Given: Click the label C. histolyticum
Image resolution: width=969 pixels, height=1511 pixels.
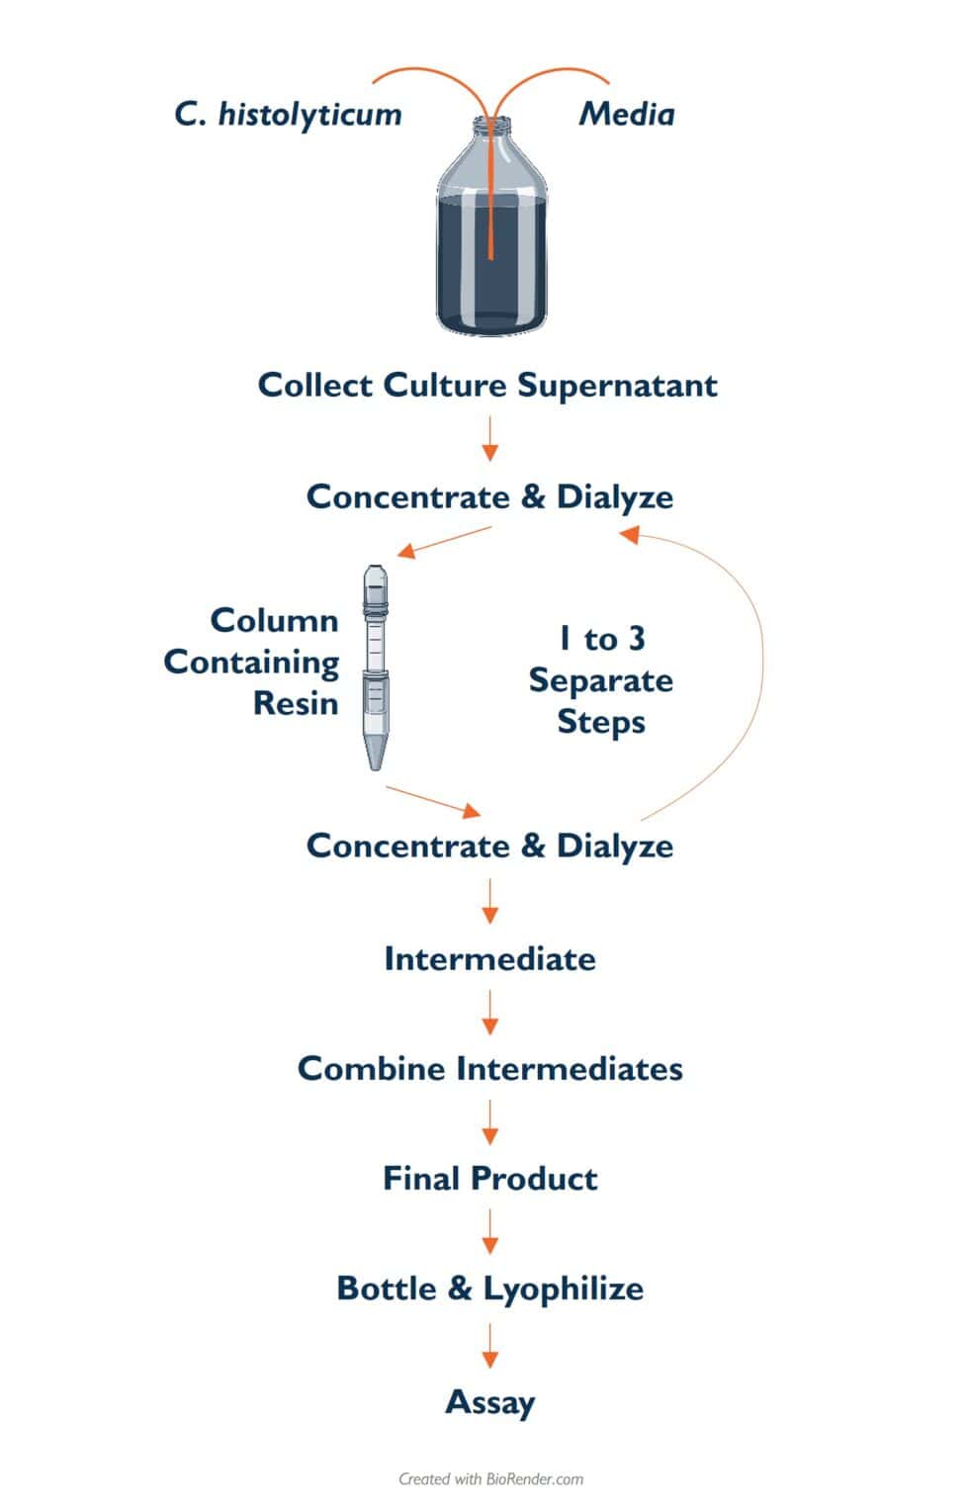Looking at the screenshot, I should [288, 115].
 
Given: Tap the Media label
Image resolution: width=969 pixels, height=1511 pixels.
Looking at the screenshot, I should [626, 115].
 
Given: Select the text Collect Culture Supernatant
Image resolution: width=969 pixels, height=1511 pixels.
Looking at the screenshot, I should [487, 385].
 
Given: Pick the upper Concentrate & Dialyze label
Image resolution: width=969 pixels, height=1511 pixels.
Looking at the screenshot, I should [489, 496].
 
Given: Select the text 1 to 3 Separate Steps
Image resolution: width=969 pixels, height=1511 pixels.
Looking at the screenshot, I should [600, 680].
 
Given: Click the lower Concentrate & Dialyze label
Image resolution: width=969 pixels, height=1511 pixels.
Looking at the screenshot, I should [489, 845].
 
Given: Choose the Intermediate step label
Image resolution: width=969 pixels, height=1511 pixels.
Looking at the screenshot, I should [489, 958].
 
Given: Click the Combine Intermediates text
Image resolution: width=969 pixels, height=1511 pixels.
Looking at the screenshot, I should [489, 1068].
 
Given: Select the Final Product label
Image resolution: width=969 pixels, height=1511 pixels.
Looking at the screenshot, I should [489, 1178].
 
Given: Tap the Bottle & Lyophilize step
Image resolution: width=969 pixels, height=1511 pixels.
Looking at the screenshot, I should [489, 1288].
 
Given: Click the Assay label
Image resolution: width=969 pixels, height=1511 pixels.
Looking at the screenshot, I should [489, 1401].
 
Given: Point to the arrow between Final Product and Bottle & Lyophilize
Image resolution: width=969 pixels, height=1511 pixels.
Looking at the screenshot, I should [489, 1233].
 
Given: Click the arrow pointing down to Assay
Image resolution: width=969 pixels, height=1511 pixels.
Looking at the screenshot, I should [489, 1346].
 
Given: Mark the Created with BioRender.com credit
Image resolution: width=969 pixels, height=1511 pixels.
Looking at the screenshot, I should [490, 1479].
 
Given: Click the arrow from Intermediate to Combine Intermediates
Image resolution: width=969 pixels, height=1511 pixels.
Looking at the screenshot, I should [489, 1014].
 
